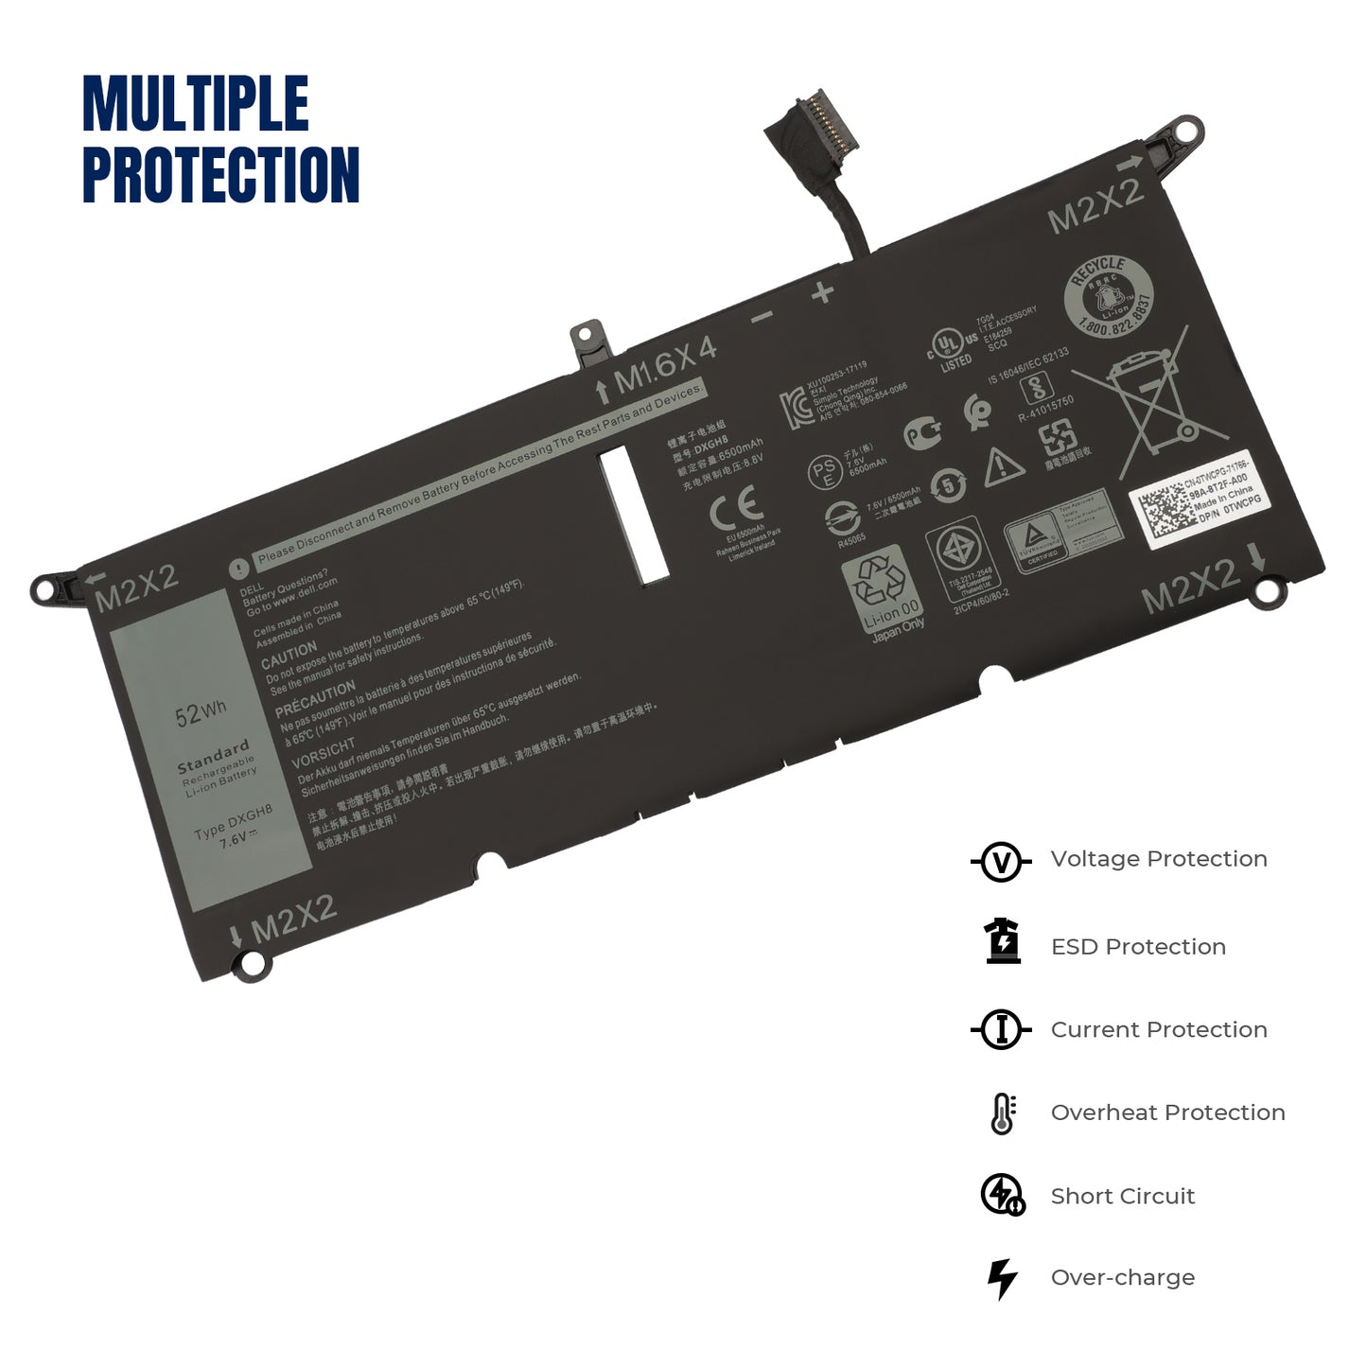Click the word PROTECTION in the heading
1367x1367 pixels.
tap(221, 175)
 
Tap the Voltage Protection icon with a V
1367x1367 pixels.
tap(1001, 861)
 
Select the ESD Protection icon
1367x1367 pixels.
tap(1003, 942)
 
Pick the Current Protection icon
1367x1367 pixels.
tap(1001, 1029)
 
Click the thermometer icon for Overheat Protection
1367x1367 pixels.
tap(1003, 1113)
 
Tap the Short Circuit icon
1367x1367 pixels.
tap(1003, 1195)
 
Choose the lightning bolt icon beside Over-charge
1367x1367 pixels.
tap(1002, 1278)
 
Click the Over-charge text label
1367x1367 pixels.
tap(1122, 1278)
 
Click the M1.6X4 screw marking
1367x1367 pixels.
tap(664, 364)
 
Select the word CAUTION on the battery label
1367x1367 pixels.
tap(289, 654)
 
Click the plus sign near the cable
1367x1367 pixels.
tap(822, 292)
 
